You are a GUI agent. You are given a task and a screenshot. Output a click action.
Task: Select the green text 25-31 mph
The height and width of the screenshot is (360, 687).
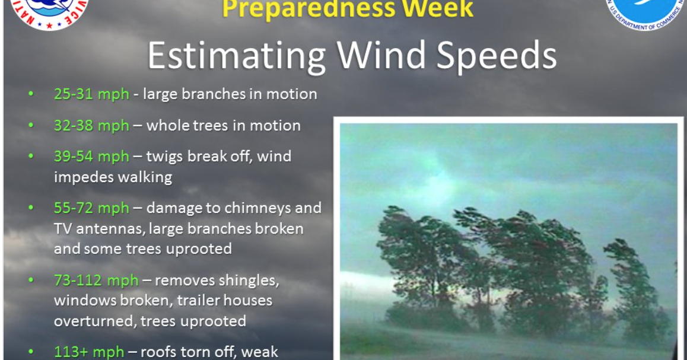tap(91, 94)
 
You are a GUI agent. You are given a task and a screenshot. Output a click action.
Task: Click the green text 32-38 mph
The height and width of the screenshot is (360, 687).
tap(91, 126)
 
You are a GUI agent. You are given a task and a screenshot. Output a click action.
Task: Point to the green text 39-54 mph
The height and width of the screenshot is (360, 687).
tap(91, 157)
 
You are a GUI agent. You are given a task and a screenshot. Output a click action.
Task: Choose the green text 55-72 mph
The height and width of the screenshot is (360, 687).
tap(91, 208)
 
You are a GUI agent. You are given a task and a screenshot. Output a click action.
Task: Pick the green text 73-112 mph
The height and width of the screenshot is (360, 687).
tap(96, 281)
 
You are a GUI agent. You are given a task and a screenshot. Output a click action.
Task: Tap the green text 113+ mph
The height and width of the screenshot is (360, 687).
tap(89, 352)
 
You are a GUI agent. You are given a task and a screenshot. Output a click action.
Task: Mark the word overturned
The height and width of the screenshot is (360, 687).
tap(94, 321)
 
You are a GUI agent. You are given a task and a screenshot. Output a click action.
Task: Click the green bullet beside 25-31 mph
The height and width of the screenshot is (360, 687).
tap(31, 94)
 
